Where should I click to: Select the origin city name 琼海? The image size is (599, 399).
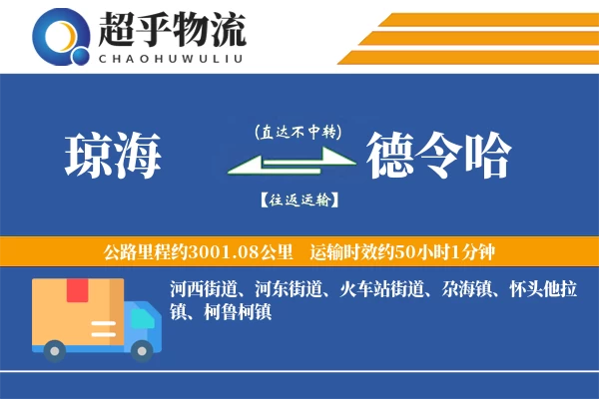112,156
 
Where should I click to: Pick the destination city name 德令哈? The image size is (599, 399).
438,156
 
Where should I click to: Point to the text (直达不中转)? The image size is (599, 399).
298,132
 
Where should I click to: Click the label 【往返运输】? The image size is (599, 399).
298,199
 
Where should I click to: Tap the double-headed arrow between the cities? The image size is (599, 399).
291,165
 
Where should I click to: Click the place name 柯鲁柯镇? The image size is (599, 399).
231,311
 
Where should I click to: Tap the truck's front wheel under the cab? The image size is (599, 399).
144,349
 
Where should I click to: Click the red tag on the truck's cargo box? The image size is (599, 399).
77,290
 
